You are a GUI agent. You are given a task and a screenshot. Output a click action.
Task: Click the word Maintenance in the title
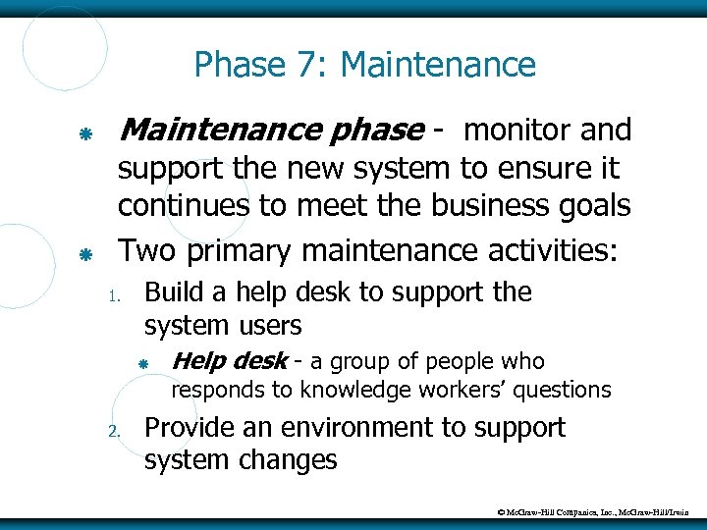(438, 66)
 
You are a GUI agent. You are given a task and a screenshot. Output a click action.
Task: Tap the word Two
(145, 251)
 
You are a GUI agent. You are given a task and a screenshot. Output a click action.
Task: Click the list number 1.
(113, 295)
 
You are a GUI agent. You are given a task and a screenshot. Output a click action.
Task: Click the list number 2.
(114, 431)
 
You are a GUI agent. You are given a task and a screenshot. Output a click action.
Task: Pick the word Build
(172, 292)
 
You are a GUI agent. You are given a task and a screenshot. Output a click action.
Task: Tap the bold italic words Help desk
(229, 361)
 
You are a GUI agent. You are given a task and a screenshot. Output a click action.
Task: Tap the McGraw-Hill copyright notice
(593, 511)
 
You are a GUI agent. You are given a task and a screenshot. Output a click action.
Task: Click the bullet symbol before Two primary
(85, 253)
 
